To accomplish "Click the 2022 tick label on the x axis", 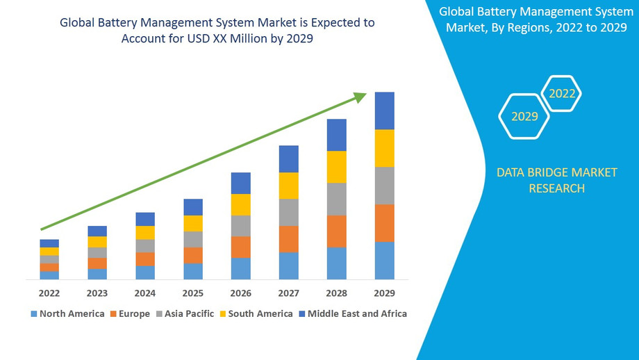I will [49, 293].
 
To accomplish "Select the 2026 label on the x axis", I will [241, 293].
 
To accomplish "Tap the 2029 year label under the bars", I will [385, 293].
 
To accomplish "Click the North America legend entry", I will [67, 313].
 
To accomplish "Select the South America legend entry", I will [255, 313].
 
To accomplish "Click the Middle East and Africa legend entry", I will [352, 313].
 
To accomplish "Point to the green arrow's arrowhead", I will [359, 97].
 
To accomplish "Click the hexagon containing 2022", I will [562, 93].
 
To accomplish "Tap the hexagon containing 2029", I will [524, 116].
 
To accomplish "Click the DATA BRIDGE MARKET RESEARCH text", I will [556, 180].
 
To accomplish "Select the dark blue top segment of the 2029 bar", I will [385, 111].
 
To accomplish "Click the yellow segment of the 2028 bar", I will [337, 167].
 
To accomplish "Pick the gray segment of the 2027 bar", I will [289, 212].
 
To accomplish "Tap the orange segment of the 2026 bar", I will [241, 247].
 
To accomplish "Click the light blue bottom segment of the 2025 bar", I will [193, 271].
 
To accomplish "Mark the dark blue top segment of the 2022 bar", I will [49, 243].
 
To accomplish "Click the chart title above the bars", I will [217, 31].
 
